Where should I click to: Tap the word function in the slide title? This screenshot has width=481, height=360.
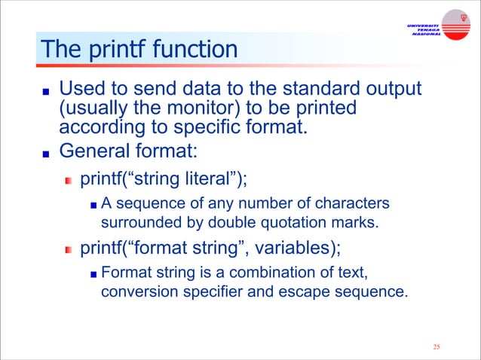coord(195,50)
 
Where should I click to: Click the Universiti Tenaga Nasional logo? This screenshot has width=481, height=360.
coord(437,27)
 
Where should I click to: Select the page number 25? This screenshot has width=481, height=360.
coord(436,347)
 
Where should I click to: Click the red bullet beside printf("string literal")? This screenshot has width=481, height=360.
coord(68,181)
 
